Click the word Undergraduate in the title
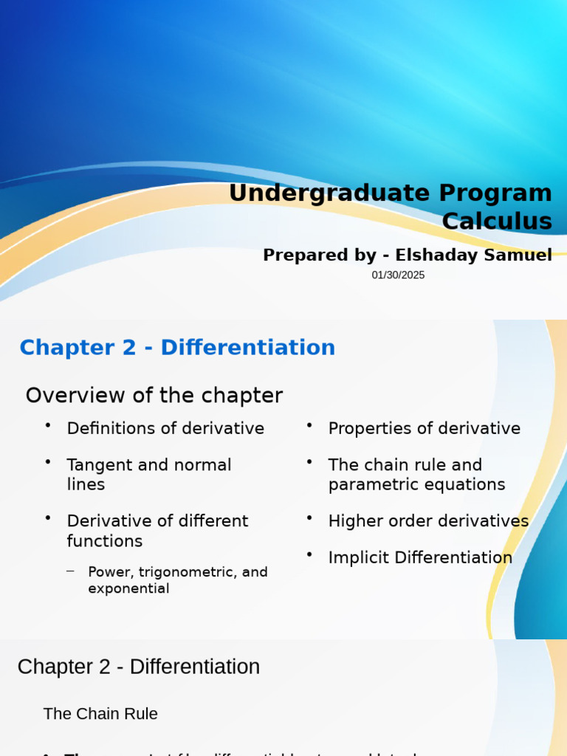pyautogui.click(x=329, y=193)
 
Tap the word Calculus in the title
pyautogui.click(x=497, y=221)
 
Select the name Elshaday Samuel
pyautogui.click(x=473, y=255)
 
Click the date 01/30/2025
pyautogui.click(x=398, y=275)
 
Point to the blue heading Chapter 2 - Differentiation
pyautogui.click(x=177, y=348)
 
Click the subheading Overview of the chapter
pyautogui.click(x=154, y=396)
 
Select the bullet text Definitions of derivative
pyautogui.click(x=165, y=428)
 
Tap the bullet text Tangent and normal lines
pyautogui.click(x=148, y=475)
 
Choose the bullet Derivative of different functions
pyautogui.click(x=157, y=531)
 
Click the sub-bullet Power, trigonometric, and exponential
pyautogui.click(x=177, y=580)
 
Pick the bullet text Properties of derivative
pyautogui.click(x=424, y=428)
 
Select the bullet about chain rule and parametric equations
pyautogui.click(x=416, y=475)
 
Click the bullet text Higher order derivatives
pyautogui.click(x=428, y=521)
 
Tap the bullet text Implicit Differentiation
pyautogui.click(x=420, y=557)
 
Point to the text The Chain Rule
pyautogui.click(x=100, y=714)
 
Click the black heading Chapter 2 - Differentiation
pyautogui.click(x=139, y=667)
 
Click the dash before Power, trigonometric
pyautogui.click(x=70, y=571)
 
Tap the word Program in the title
pyautogui.click(x=495, y=193)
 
